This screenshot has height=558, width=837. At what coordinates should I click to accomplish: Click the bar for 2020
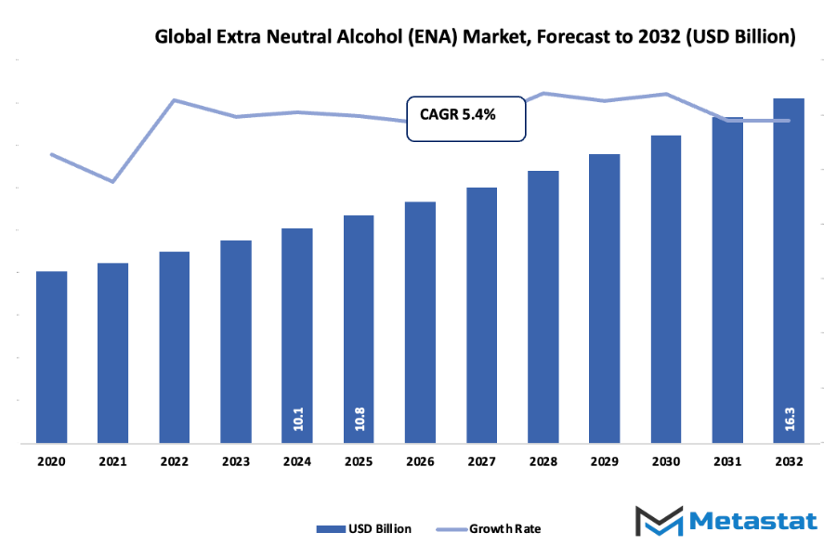[x=52, y=357]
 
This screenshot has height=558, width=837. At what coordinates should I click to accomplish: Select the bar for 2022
[x=174, y=347]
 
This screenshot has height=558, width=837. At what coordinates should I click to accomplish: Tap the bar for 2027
[x=481, y=316]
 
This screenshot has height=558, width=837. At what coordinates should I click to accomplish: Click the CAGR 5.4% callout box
[x=466, y=117]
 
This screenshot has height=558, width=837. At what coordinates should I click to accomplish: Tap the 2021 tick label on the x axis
[x=112, y=461]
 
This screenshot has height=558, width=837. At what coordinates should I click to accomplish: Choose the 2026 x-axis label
[x=420, y=461]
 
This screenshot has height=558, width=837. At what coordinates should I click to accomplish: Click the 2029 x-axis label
[x=604, y=461]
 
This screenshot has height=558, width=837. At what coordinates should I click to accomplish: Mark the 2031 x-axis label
[x=727, y=461]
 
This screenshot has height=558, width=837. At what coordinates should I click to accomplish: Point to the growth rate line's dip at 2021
[x=112, y=181]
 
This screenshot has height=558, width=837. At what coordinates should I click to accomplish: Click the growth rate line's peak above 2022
[x=174, y=99]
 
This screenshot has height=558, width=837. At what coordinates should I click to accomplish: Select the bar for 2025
[x=359, y=330]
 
